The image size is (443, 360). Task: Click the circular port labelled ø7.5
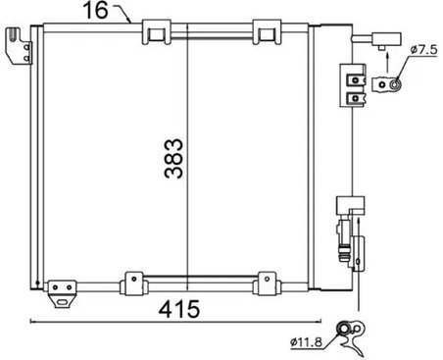395,85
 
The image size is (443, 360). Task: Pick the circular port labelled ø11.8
344,329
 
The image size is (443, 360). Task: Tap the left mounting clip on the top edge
154,33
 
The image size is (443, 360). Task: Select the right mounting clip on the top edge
265,33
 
